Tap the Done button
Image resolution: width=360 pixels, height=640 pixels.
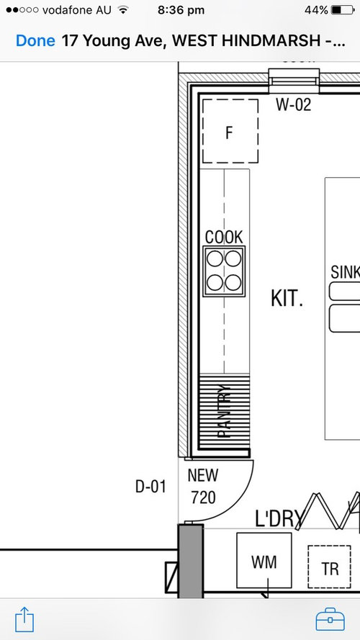35,40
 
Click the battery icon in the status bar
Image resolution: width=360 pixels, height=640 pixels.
344,11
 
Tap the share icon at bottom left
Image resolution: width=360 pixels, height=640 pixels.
24,618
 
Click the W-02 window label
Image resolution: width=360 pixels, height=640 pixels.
294,105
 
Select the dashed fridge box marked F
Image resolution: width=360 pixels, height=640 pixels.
230,132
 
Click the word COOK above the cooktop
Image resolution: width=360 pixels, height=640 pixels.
224,237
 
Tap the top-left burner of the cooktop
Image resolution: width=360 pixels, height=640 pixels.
215,258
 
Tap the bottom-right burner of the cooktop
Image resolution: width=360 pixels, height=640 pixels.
233,281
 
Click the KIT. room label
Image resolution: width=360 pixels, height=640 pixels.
287,298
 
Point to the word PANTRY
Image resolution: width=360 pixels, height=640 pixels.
225,412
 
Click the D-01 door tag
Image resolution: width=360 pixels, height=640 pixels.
150,487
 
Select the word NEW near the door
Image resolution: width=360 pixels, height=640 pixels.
202,476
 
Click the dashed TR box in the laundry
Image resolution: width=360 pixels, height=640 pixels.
330,568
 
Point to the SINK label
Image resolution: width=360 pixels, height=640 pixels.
344,272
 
